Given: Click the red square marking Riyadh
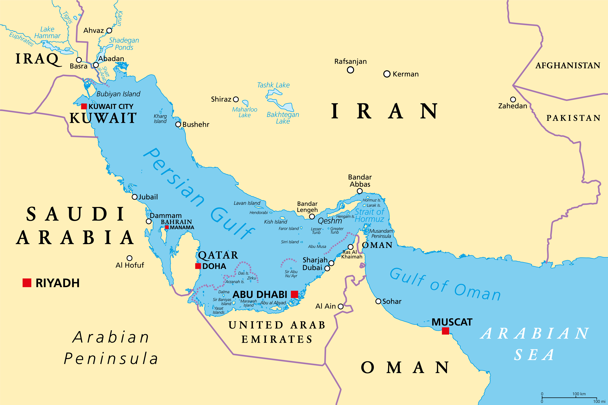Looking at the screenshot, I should pyautogui.click(x=27, y=283).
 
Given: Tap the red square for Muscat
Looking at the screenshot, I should pyautogui.click(x=445, y=331).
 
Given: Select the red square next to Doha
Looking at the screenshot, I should pyautogui.click(x=198, y=266).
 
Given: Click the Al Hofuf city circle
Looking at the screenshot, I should pyautogui.click(x=130, y=258).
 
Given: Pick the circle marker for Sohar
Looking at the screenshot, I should pyautogui.click(x=378, y=301).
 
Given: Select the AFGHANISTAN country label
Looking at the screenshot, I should pyautogui.click(x=568, y=66).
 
